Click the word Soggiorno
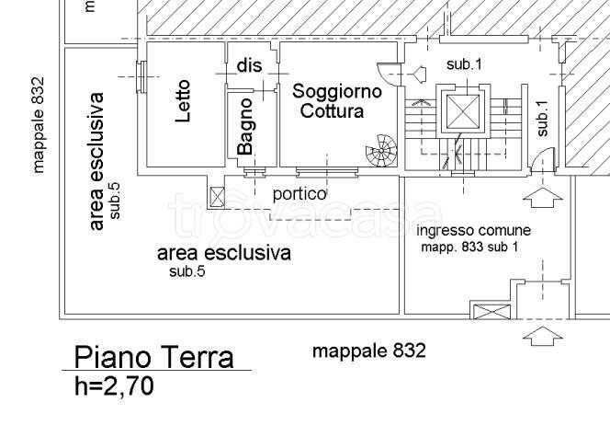[x=336, y=91]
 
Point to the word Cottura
[x=332, y=111]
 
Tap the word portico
[x=299, y=194]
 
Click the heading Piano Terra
[x=153, y=357]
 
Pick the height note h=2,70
[x=114, y=386]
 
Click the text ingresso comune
[x=473, y=230]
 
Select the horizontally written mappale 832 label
[x=368, y=351]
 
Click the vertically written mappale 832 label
[x=39, y=124]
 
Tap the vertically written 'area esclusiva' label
[x=97, y=159]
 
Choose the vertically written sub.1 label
[x=542, y=118]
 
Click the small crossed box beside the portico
[x=217, y=196]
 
